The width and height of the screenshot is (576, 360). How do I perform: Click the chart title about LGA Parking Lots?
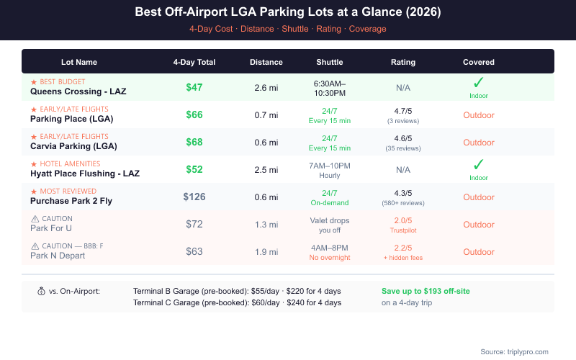pos(288,12)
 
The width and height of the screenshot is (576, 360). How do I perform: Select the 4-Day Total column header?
pos(194,62)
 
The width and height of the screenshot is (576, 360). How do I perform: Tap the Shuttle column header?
pos(329,62)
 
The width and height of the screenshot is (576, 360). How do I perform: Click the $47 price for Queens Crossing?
pos(194,88)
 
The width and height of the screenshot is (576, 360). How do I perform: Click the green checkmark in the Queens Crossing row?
pos(478,83)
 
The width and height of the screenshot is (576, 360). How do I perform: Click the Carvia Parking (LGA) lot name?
pos(73,146)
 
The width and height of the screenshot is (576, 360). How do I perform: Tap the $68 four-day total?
pos(194,142)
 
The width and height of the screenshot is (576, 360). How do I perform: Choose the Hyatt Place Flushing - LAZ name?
pos(85,174)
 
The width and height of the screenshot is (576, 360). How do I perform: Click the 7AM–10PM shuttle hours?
pos(329,166)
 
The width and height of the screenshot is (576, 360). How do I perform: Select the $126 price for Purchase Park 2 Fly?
pos(194,197)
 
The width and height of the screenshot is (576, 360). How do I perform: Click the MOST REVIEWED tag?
pos(68,192)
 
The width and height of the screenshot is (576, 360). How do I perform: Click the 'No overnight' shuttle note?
pos(329,257)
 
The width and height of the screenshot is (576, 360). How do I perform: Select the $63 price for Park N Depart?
pos(194,251)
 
